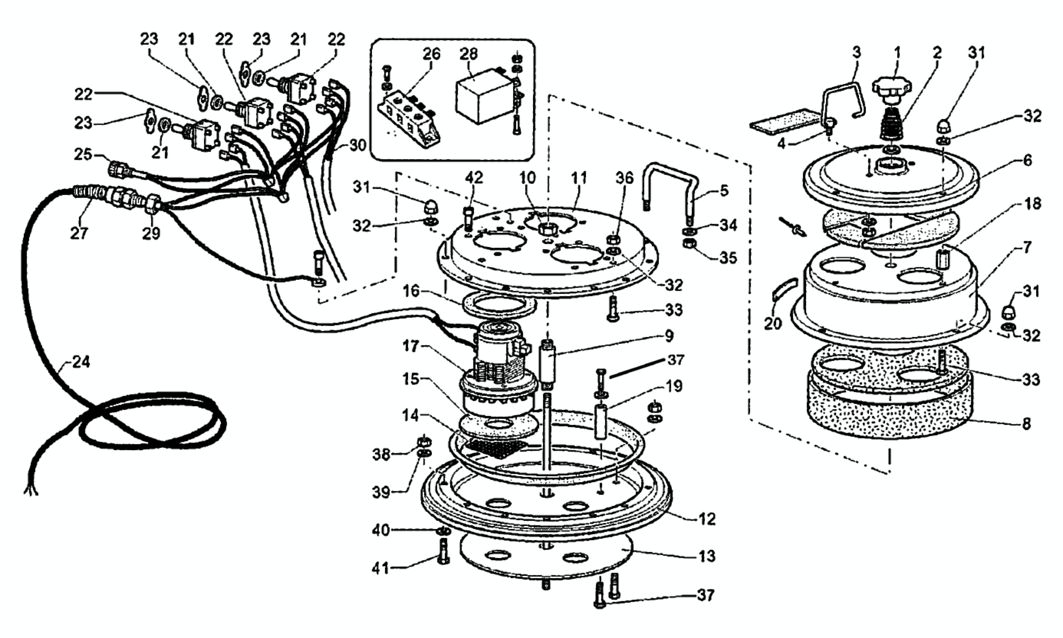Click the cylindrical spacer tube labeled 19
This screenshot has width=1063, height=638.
point(601,422)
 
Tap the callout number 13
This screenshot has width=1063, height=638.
point(707,556)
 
